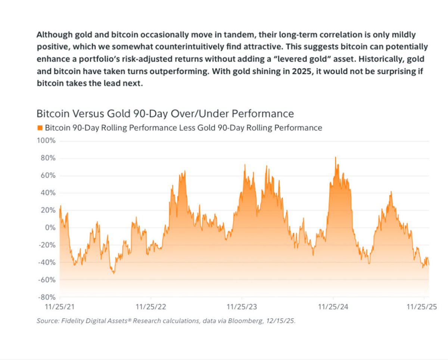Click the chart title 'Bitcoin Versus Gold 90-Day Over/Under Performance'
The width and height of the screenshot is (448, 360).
tap(165, 113)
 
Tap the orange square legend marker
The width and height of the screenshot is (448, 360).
tap(40, 128)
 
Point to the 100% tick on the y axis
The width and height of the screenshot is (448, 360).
tap(47, 141)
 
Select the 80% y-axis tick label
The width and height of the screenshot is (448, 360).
tap(48, 158)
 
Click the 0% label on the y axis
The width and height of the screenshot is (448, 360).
tap(50, 228)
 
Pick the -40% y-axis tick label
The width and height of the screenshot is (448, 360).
tap(47, 262)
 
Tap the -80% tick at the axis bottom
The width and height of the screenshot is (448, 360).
tap(47, 297)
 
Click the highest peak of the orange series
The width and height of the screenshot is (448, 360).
tap(335, 157)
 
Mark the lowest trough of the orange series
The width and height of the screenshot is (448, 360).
tap(113, 273)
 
